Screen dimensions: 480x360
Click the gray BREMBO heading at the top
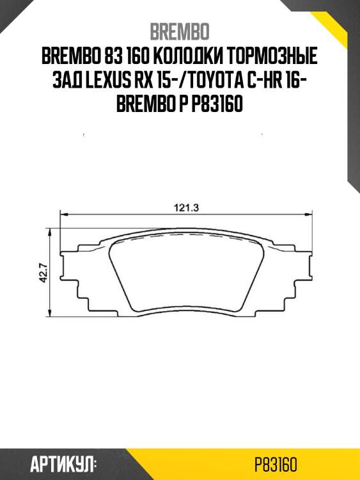click(x=180, y=31)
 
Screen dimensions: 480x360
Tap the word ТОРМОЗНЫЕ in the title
click(x=276, y=57)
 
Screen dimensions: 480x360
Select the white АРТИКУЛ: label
click(x=63, y=464)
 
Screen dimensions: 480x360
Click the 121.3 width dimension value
click(x=185, y=207)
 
